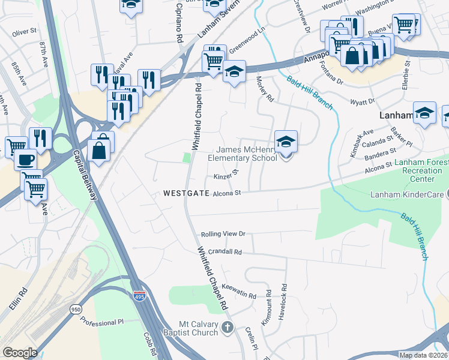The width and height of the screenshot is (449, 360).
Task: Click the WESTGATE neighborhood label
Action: pos(185,193)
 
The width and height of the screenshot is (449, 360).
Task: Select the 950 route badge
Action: pos(76,310)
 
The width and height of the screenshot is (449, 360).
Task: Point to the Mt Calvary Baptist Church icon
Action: pos(227,327)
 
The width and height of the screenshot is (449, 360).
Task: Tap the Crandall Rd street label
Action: pos(221,253)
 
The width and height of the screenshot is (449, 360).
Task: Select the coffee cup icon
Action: pos(25,160)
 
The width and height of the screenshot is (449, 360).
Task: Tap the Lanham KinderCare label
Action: pos(406,194)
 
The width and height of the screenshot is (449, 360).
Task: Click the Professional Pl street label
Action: pos(101,323)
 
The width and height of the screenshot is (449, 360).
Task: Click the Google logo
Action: pos(20,352)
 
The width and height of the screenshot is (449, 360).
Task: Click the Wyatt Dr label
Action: pos(363,101)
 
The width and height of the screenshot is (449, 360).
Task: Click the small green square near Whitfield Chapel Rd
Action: pos(187,158)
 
